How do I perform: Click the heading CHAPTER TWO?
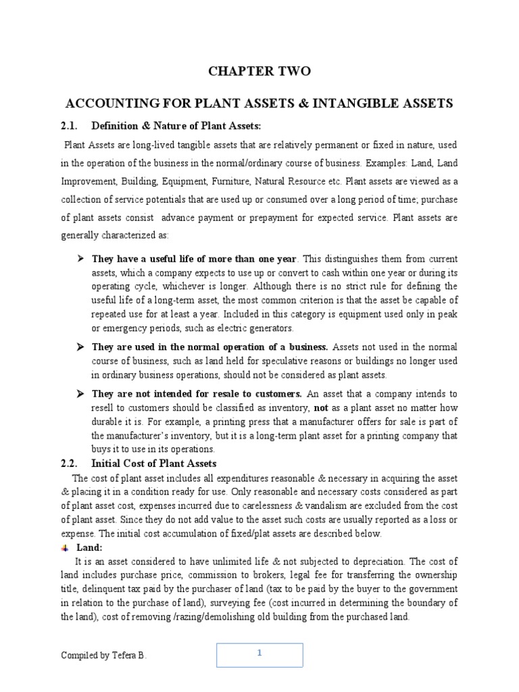click(260, 71)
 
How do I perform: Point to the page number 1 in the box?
click(259, 653)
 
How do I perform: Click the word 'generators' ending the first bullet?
click(272, 328)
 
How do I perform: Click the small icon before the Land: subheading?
click(65, 548)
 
